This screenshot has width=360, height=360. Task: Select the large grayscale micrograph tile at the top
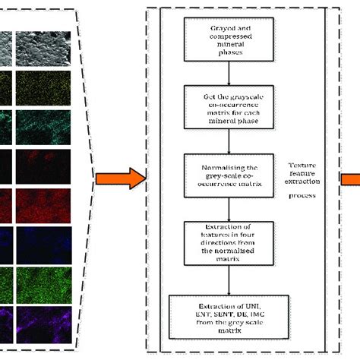pos(43,48)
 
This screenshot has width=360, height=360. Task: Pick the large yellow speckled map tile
pos(43,85)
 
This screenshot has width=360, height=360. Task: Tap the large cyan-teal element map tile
pos(43,125)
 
